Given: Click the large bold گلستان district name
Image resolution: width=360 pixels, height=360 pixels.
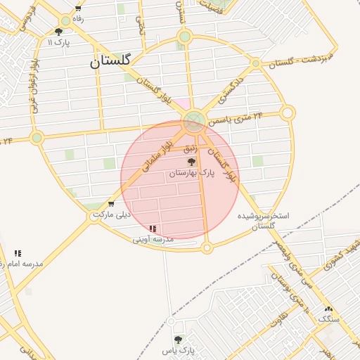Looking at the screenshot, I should point(111,61).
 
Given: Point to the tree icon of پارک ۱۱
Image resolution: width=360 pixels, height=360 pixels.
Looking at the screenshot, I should point(58,32).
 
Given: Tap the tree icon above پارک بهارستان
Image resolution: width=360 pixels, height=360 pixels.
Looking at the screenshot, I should point(191,162).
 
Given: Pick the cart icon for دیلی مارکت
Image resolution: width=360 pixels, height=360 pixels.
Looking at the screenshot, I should point(112,204).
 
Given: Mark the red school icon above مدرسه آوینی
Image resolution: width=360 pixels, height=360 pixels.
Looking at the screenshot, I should point(153,229).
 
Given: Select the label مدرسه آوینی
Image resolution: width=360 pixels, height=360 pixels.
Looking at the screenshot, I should point(153,240).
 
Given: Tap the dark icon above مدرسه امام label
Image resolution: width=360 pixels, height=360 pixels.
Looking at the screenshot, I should point(18,253).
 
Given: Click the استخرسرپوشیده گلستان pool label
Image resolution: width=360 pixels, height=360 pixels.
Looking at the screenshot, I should point(263,221).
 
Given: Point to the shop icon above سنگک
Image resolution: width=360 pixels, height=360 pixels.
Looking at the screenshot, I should point(328,309).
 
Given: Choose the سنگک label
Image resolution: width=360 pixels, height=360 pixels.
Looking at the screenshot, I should point(328,319).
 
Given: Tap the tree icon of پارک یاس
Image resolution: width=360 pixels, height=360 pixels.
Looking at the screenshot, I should point(177,339).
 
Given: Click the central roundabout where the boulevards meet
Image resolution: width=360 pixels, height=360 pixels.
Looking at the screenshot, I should point(195,122).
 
